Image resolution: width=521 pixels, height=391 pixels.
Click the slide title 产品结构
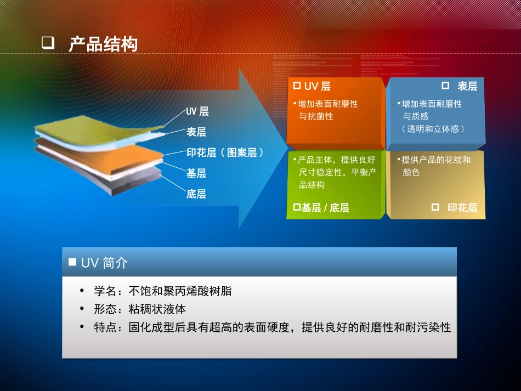pyautogui.click(x=103, y=44)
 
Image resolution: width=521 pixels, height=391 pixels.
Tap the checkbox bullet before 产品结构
pyautogui.click(x=48, y=44)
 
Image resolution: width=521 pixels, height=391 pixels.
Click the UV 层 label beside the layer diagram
pyautogui.click(x=197, y=111)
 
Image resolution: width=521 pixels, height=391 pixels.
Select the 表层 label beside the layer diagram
pyautogui.click(x=196, y=132)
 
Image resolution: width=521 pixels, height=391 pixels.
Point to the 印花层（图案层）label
pyautogui.click(x=225, y=152)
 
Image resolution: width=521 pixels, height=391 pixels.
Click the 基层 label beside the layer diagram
pyautogui.click(x=196, y=173)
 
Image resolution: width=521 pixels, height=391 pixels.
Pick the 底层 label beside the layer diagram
pyautogui.click(x=196, y=194)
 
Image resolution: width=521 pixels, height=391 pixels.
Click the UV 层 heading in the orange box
pyautogui.click(x=317, y=87)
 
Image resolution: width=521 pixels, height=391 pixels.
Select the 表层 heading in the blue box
pyautogui.click(x=467, y=87)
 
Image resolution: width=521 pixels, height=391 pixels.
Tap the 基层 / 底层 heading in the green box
pyautogui.click(x=325, y=208)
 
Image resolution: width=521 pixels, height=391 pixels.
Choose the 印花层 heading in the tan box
pyautogui.click(x=462, y=208)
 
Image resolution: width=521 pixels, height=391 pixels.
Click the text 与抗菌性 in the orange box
pyautogui.click(x=316, y=116)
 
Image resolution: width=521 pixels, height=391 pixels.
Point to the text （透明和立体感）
pyautogui.click(x=434, y=129)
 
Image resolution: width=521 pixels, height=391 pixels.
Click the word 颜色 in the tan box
pyautogui.click(x=411, y=172)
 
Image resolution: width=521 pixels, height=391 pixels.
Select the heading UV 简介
pyautogui.click(x=104, y=263)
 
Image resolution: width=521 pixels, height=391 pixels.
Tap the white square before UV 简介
pyautogui.click(x=72, y=262)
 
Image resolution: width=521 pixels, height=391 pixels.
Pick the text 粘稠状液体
pyautogui.click(x=157, y=309)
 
